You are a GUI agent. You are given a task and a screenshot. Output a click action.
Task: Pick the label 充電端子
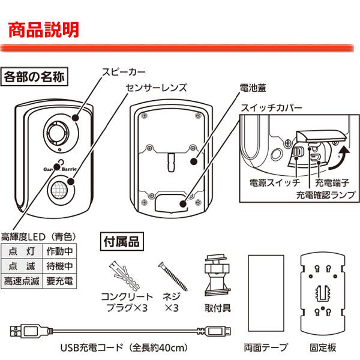[331, 180]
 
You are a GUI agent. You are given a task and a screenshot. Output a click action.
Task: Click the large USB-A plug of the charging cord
[23, 330]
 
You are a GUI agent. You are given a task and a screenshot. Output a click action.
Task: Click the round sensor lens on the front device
[59, 188]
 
